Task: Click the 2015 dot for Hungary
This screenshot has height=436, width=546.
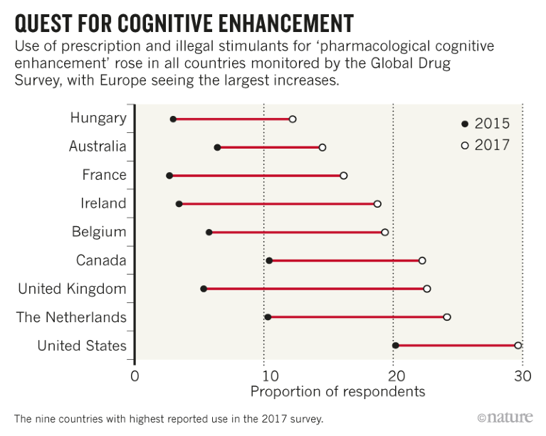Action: pos(173,119)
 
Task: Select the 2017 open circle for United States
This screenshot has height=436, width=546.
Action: pos(518,346)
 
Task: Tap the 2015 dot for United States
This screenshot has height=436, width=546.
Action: pos(396,346)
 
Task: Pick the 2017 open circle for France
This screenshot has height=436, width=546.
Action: pos(343,176)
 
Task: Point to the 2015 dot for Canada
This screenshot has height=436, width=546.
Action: pos(269,261)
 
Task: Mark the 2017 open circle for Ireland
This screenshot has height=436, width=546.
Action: pos(377,204)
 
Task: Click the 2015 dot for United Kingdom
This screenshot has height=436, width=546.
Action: pos(204,289)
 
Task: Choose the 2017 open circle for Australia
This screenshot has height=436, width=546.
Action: pos(322,147)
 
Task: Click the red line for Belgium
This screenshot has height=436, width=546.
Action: pos(296,233)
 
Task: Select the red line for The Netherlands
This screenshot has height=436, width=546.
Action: pos(356,317)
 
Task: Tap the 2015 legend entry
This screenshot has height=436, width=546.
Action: pos(485,124)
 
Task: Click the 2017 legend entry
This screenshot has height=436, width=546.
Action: pos(485,145)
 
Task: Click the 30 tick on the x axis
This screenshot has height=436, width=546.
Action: pos(522,376)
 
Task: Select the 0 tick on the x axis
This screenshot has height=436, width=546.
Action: pos(135,376)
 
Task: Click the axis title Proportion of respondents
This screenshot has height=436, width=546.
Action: pos(337,392)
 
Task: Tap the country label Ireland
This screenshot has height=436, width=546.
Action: pos(103,204)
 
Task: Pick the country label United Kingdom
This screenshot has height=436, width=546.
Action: pos(72,289)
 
